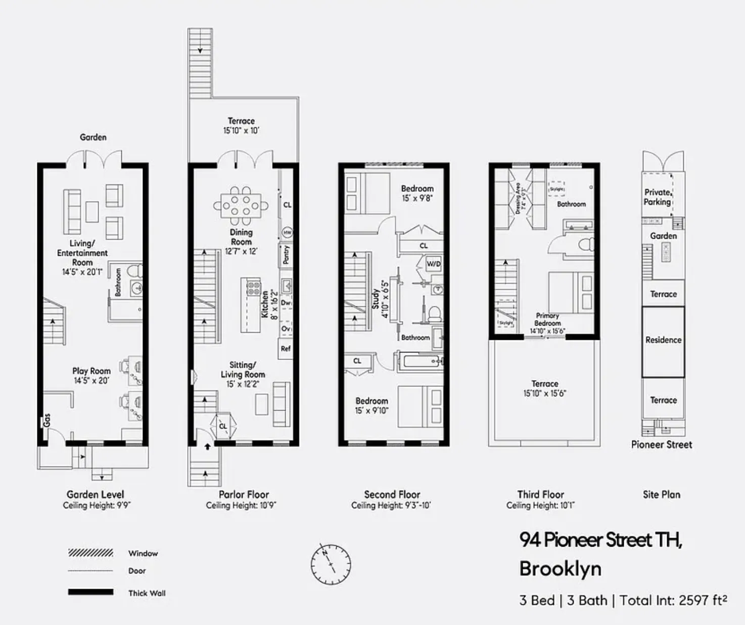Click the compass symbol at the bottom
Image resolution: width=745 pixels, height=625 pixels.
click(x=331, y=564)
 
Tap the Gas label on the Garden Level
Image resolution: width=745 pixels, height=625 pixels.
click(x=46, y=420)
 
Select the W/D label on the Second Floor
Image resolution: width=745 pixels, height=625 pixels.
click(x=434, y=264)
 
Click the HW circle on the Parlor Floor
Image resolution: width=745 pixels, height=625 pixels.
click(x=287, y=233)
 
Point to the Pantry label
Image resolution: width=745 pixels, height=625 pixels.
click(x=286, y=255)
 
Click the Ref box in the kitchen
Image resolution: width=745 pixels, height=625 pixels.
click(x=286, y=348)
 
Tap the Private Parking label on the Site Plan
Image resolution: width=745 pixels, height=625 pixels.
click(x=657, y=197)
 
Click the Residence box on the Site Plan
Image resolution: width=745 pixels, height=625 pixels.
click(x=663, y=340)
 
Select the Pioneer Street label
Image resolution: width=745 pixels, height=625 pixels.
click(x=661, y=445)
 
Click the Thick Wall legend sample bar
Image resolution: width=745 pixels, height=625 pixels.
click(x=91, y=592)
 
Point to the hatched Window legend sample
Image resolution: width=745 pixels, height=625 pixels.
click(x=91, y=553)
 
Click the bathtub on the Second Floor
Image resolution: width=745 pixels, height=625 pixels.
click(x=421, y=362)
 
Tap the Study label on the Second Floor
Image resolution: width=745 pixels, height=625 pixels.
click(x=376, y=299)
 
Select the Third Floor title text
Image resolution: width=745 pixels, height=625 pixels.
click(x=540, y=495)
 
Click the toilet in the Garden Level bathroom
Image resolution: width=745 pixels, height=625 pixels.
click(x=135, y=271)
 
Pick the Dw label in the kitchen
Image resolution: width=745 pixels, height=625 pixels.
click(x=286, y=303)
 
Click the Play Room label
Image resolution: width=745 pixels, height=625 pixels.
click(x=91, y=371)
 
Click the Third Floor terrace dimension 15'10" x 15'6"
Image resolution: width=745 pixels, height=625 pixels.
click(x=544, y=393)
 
